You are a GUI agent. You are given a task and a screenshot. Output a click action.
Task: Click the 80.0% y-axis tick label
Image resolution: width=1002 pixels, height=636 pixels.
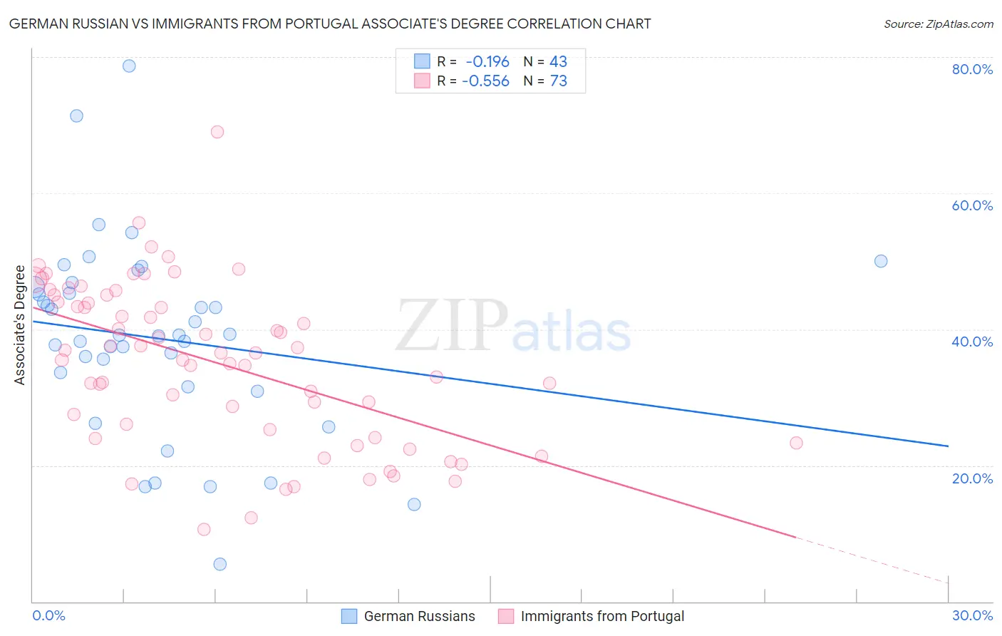point(972,69)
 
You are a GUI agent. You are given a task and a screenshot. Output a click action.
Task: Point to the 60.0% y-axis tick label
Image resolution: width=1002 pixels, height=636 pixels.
point(972,205)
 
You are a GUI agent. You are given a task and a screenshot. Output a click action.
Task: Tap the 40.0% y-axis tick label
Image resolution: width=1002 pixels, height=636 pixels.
point(972,342)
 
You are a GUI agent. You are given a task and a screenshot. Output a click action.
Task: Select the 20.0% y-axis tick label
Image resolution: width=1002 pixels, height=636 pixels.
point(972,478)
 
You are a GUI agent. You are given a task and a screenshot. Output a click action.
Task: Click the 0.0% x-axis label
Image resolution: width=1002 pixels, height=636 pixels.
point(48,615)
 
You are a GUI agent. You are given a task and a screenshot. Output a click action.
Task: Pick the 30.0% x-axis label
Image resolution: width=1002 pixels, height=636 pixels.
point(972,615)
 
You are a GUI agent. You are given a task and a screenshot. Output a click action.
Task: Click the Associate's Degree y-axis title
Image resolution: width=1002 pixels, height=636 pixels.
point(19,325)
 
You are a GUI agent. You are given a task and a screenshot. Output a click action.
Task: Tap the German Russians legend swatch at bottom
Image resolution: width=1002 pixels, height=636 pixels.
point(349,616)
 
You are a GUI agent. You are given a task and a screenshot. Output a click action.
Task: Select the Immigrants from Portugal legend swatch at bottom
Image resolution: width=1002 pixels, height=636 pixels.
point(506,616)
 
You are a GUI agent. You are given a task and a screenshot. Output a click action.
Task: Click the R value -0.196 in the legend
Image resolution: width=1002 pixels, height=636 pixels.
point(487,62)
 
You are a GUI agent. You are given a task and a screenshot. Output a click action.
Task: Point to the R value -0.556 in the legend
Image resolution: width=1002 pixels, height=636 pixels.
point(485,81)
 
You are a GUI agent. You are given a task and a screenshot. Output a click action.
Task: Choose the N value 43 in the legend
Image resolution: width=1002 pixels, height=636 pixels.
point(558,62)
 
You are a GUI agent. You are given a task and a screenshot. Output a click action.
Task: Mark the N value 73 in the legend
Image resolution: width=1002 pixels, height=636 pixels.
point(558,81)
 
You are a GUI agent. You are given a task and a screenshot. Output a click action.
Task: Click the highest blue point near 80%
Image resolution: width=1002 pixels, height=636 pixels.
point(129,66)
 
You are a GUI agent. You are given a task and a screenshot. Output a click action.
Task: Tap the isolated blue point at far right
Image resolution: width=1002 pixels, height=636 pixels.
point(881,261)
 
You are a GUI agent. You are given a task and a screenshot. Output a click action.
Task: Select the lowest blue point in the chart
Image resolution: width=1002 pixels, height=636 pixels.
point(220,564)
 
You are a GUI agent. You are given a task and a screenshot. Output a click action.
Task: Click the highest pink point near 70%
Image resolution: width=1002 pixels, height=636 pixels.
point(217,132)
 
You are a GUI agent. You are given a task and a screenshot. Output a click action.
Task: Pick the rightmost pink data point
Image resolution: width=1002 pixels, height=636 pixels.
point(796,443)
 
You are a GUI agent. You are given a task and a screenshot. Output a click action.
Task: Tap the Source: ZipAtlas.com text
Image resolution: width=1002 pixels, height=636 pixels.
point(938,24)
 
